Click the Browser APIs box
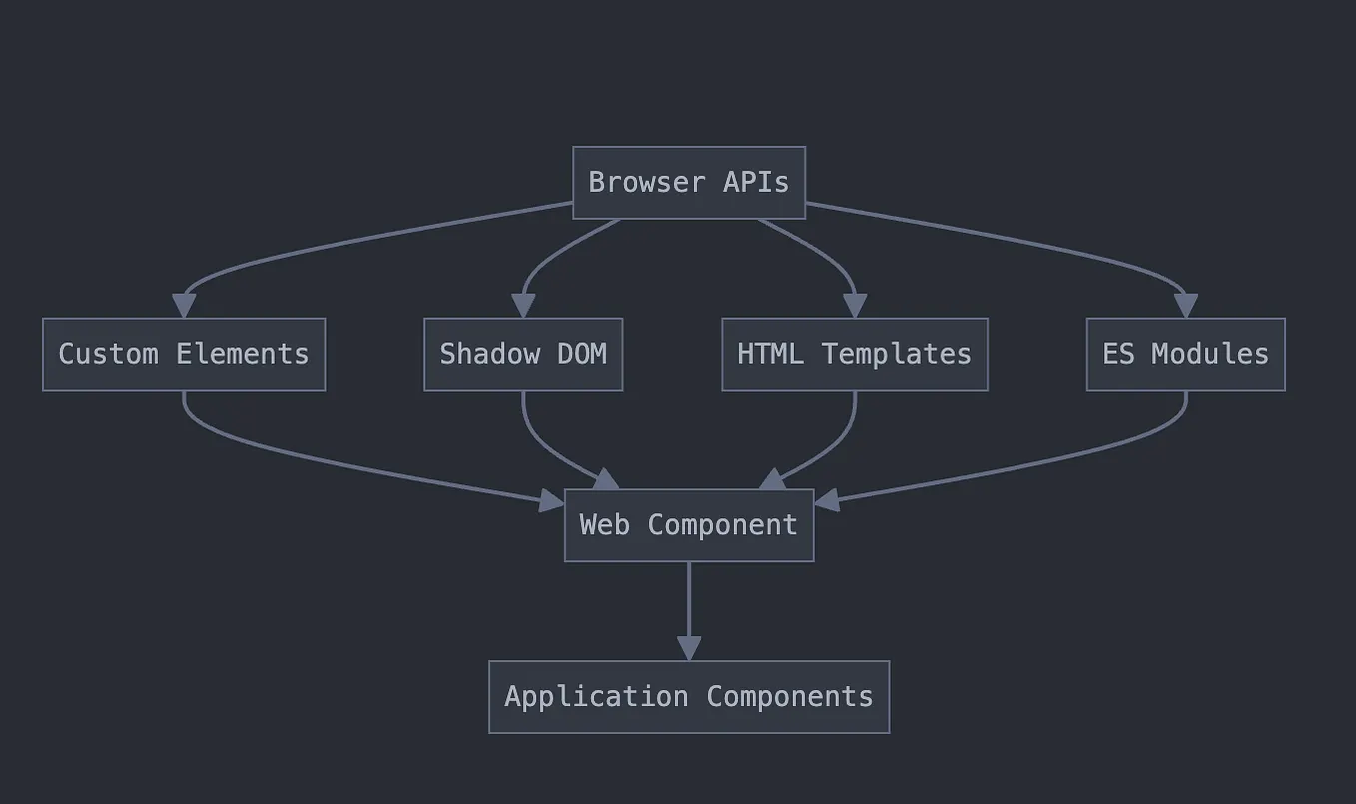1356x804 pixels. pyautogui.click(x=689, y=183)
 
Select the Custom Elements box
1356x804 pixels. pyautogui.click(x=184, y=354)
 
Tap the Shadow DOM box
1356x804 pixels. pyautogui.click(x=523, y=354)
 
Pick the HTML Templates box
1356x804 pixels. pyautogui.click(x=855, y=354)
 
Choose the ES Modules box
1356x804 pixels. pyautogui.click(x=1185, y=354)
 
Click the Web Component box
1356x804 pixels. pyautogui.click(x=689, y=525)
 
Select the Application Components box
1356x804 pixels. pyautogui.click(x=689, y=697)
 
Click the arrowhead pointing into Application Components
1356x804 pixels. pyautogui.click(x=689, y=648)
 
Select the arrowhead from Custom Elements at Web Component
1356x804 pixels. pyautogui.click(x=552, y=500)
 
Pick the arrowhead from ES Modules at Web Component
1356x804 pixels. pyautogui.click(x=827, y=500)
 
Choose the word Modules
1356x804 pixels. pyautogui.click(x=1210, y=354)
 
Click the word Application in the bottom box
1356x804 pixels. pyautogui.click(x=596, y=697)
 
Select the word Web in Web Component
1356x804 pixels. pyautogui.click(x=605, y=525)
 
